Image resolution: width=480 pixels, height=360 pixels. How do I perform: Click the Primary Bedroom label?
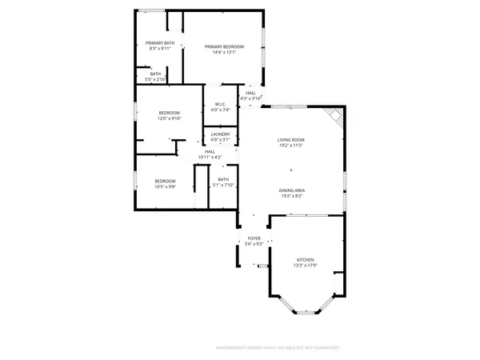pyautogui.click(x=224, y=47)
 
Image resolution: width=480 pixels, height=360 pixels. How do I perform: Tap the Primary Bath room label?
pyautogui.click(x=160, y=43)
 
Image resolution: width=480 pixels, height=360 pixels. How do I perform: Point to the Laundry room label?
pyautogui.click(x=221, y=134)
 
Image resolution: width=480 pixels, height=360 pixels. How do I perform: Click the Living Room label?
pyautogui.click(x=291, y=140)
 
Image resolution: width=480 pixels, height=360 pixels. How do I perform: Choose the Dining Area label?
pyautogui.click(x=291, y=190)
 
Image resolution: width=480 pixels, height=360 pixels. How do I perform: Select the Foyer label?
pyautogui.click(x=254, y=238)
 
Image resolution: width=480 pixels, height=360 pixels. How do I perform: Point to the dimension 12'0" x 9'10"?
pyautogui.click(x=168, y=118)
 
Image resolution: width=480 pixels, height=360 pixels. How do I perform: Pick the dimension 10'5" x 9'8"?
pyautogui.click(x=165, y=186)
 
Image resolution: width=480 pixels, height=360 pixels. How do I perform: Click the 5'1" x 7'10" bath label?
pyautogui.click(x=222, y=185)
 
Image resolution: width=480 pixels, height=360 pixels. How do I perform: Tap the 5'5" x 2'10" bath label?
pyautogui.click(x=155, y=79)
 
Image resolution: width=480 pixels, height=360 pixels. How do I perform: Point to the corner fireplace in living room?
pyautogui.click(x=337, y=117)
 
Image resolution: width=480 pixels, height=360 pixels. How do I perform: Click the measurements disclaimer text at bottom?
pyautogui.click(x=278, y=348)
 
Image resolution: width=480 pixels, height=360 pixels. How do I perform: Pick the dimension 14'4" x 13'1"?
pyautogui.click(x=224, y=53)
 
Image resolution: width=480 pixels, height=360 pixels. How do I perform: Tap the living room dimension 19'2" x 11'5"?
pyautogui.click(x=291, y=146)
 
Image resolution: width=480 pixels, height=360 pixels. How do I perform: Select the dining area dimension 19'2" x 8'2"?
pyautogui.click(x=291, y=195)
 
